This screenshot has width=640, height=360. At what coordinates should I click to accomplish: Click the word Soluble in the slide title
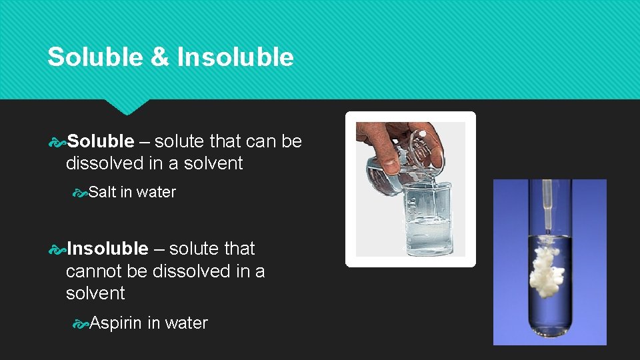click(x=95, y=57)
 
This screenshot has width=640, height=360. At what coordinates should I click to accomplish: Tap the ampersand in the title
click(x=159, y=57)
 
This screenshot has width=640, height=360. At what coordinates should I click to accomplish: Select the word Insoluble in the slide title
click(x=235, y=57)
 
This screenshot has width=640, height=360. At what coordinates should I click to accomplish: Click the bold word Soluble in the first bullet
click(x=101, y=141)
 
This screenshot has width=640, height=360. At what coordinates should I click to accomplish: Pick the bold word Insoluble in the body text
click(x=107, y=249)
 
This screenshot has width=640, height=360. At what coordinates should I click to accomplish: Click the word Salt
click(x=102, y=192)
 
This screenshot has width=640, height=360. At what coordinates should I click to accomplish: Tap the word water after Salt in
click(x=156, y=192)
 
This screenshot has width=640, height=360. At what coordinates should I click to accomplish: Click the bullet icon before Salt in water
click(x=81, y=193)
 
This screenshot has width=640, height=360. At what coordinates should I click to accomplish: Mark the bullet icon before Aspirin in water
click(x=81, y=323)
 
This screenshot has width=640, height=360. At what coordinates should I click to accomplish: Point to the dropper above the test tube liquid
click(x=549, y=207)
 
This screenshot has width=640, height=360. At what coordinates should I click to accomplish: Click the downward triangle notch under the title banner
click(x=127, y=107)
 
